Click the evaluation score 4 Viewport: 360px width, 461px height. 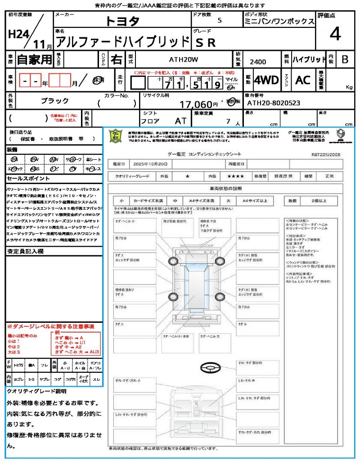pos(334,34)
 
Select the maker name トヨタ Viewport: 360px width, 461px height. pos(122,21)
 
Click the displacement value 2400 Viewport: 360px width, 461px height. pos(258,62)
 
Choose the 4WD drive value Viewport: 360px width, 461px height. pos(266,80)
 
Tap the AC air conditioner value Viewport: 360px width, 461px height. pos(303,80)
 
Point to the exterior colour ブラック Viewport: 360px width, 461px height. pos(55,101)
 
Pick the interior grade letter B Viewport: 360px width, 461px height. pos(345,59)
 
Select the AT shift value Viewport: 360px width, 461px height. pos(180,121)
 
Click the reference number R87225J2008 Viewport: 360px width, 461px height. pos(325,154)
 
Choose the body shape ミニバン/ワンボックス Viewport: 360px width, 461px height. pos(279,21)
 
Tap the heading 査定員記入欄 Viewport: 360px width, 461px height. pos(25,252)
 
